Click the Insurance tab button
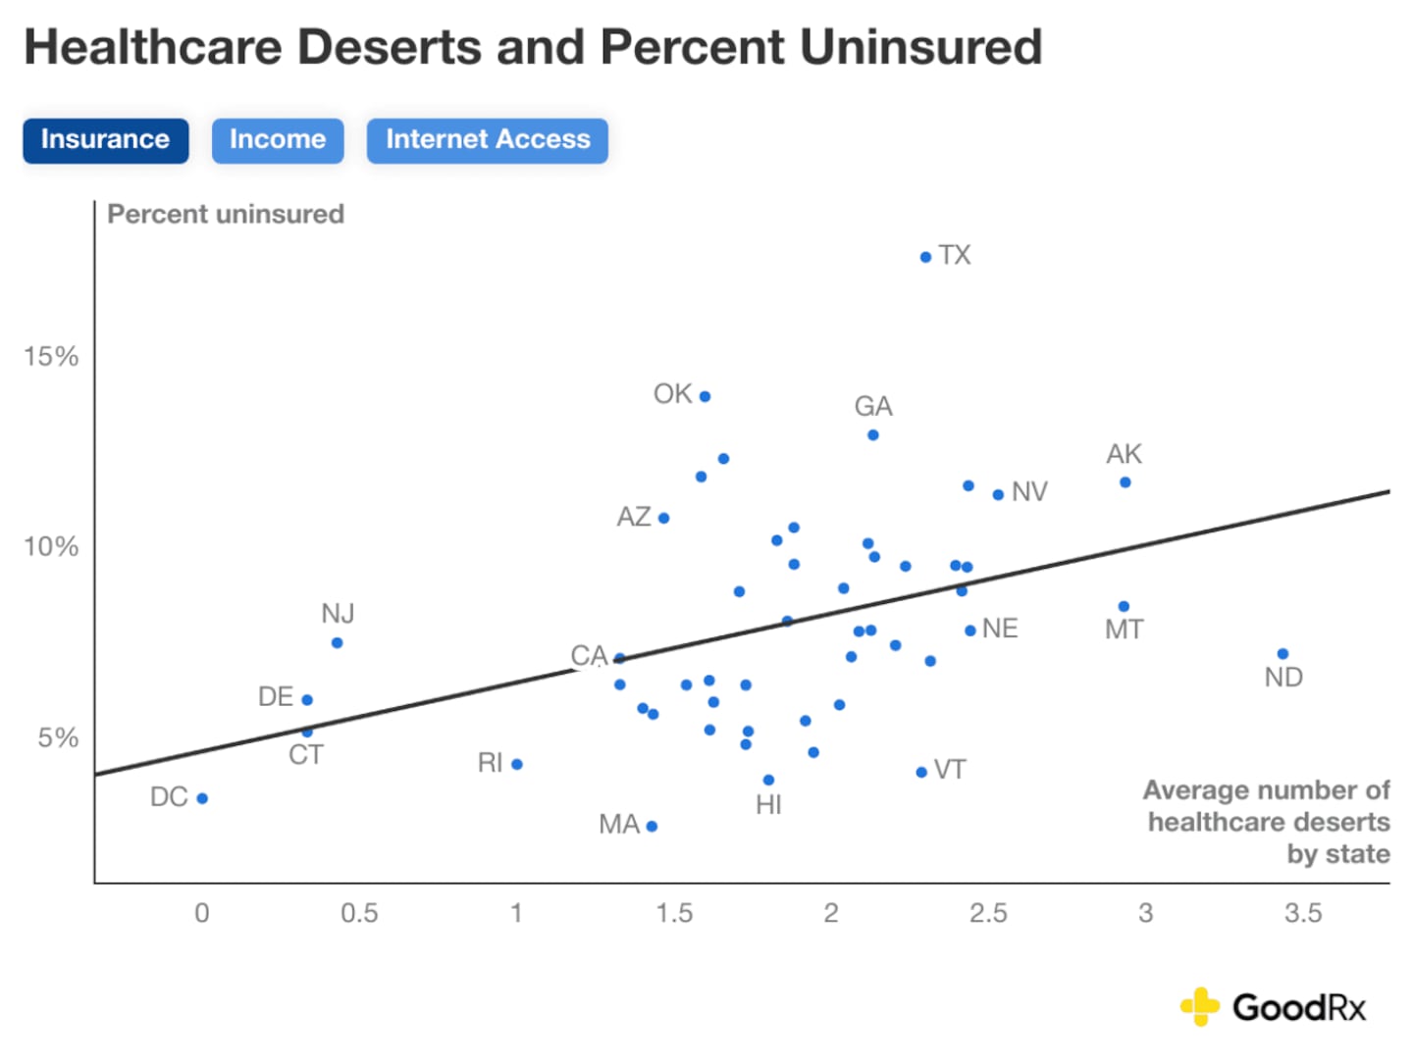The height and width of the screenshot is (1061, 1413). coord(105,140)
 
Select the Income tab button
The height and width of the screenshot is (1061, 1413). coord(278,140)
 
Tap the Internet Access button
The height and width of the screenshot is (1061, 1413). coord(488,140)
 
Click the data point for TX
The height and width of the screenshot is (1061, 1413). coord(925,257)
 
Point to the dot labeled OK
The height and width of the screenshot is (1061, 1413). coord(705,396)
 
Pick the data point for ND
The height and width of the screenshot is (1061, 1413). coord(1282,654)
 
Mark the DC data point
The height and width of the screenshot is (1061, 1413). coord(202,798)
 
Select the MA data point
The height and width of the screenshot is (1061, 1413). coord(652,826)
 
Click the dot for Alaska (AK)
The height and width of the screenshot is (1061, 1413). coord(1125,482)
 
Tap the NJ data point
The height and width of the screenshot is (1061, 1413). coord(337,643)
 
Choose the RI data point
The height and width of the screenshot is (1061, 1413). coord(517,764)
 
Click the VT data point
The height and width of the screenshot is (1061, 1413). coord(921,772)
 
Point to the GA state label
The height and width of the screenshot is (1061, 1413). coord(872,406)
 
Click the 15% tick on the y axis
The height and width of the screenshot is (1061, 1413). coord(51,356)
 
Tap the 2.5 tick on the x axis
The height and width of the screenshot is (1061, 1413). coord(988,913)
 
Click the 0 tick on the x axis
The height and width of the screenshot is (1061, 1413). coord(202,913)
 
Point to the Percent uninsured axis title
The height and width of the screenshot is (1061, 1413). coord(226,214)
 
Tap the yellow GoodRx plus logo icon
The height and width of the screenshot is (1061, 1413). coord(1199,1006)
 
